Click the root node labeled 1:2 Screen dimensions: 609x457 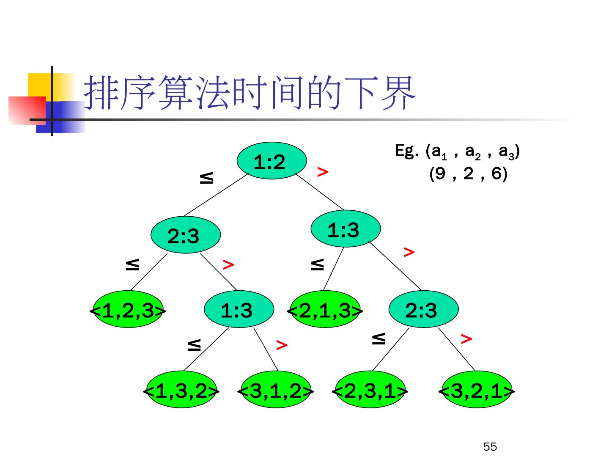271,161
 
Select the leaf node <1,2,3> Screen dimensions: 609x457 128,310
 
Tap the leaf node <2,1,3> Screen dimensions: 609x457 325,310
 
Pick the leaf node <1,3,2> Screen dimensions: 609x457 181,390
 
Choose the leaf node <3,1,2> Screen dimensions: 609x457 276,390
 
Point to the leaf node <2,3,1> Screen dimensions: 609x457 370,390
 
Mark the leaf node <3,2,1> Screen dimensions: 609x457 477,390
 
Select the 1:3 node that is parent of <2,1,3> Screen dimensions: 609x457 345,229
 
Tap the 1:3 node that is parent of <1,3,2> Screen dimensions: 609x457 239,310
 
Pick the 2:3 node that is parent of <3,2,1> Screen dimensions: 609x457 423,310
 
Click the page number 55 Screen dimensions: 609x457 490,447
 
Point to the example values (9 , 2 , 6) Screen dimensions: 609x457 468,173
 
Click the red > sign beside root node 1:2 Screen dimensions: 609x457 323,171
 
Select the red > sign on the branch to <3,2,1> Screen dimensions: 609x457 466,339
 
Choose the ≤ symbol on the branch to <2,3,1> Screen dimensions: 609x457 379,339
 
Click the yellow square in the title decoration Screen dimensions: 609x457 40,85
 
